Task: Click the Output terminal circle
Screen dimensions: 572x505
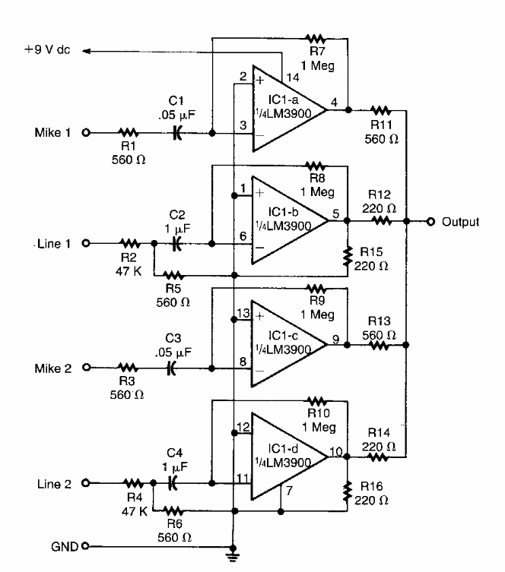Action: coord(431,222)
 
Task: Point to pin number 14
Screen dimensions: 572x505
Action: coord(293,77)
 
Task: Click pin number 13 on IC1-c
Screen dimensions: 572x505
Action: coord(243,312)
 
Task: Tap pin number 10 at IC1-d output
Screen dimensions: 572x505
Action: coord(334,453)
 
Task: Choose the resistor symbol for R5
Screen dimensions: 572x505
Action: coord(174,274)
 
